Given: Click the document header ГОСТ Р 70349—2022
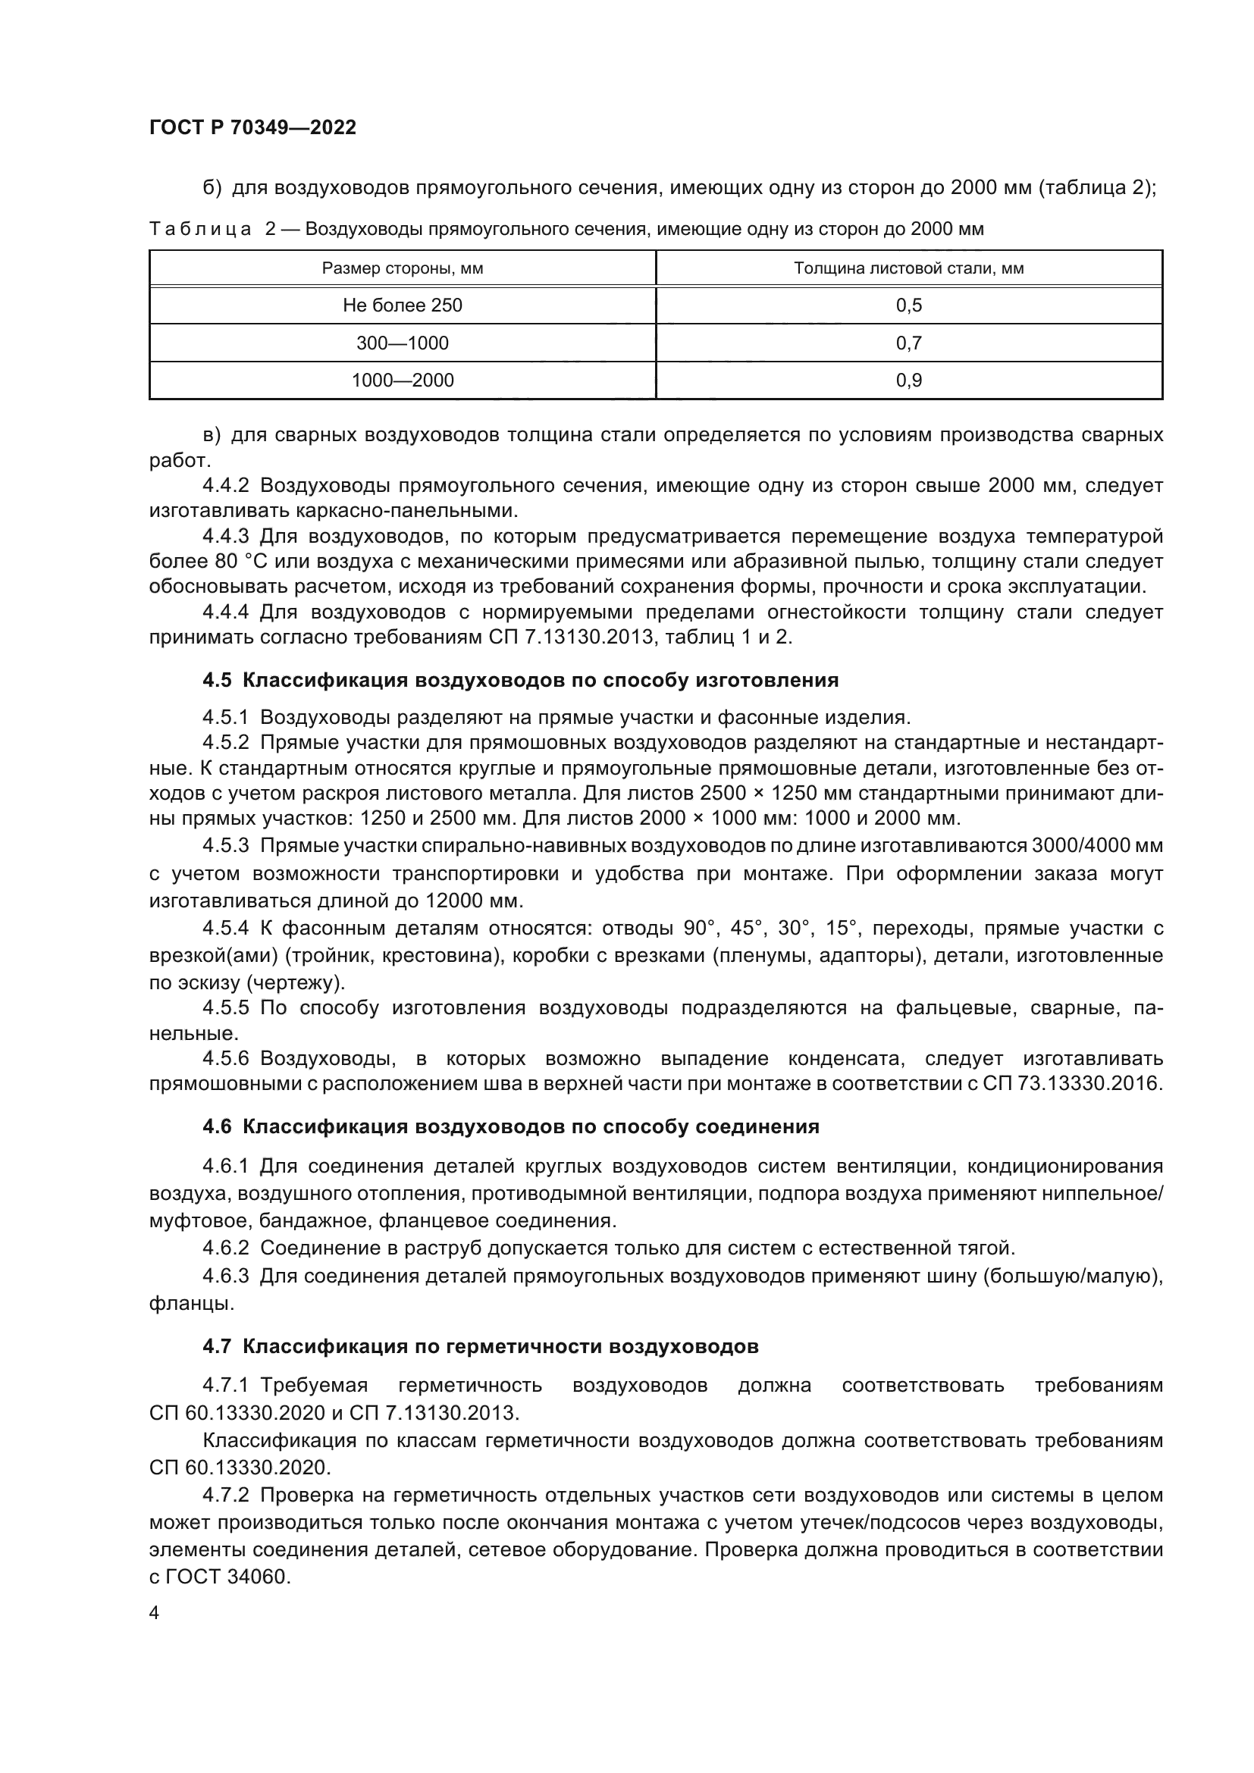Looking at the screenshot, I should pos(252,127).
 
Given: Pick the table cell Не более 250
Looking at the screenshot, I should pos(403,305).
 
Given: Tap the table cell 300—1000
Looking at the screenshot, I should pos(403,343).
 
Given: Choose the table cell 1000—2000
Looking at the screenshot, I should pos(403,380).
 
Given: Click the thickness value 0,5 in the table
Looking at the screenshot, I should pos(909,305).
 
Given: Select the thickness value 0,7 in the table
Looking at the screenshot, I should pos(909,343).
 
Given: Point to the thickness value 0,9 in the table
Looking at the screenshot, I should pos(909,380).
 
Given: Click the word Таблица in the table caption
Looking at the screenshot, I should pos(200,230).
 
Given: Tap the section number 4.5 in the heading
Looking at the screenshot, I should pos(217,680).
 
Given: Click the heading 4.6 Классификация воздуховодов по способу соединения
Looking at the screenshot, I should pos(510,1126).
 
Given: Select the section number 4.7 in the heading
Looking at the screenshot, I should pos(217,1347).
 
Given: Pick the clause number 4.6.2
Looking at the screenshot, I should pos(225,1248).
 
